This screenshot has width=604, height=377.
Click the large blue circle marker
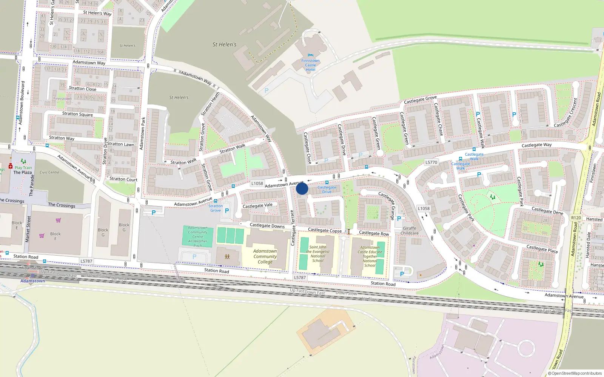[302, 188]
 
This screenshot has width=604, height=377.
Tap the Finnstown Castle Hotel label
[310, 65]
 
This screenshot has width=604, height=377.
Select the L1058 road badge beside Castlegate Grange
[424, 208]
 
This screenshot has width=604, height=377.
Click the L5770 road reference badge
[431, 162]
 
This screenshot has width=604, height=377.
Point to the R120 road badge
[576, 218]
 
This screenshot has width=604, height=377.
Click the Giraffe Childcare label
[410, 231]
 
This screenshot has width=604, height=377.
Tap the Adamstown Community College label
[265, 256]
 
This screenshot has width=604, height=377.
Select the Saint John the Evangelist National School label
[318, 254]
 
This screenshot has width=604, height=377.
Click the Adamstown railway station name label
[33, 281]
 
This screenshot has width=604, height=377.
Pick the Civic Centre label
[49, 172]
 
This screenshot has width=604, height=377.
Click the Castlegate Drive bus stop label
[327, 190]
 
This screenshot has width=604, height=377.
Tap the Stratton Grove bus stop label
[216, 208]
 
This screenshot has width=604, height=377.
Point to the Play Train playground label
[23, 167]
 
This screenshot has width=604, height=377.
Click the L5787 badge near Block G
[86, 261]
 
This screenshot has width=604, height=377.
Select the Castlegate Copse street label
[325, 230]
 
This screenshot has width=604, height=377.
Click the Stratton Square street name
[77, 114]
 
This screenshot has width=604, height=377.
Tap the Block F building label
[55, 236]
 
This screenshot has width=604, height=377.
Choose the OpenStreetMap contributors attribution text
[575, 373]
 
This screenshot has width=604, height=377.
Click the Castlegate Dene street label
[547, 211]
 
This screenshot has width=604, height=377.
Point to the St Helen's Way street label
[97, 13]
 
